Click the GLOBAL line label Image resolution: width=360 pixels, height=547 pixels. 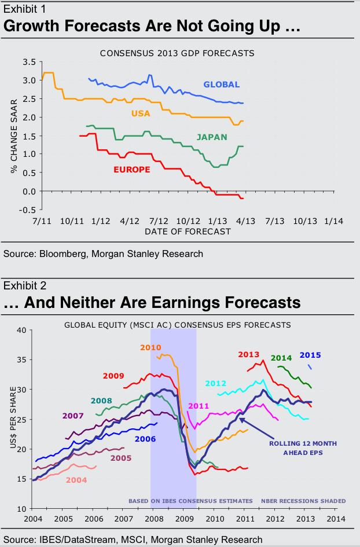tap(221, 85)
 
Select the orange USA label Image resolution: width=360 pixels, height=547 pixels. tap(141, 113)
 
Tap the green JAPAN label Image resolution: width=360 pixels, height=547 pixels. tap(211, 137)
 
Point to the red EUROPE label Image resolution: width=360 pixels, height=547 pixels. tap(133, 170)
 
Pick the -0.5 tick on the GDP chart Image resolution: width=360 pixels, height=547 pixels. tap(27, 210)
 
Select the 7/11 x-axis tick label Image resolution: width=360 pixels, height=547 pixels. tap(43, 221)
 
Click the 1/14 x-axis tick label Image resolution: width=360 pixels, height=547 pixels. tap(333, 221)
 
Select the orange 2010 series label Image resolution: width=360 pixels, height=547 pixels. tap(150, 347)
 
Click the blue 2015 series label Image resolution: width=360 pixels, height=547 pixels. tap(310, 355)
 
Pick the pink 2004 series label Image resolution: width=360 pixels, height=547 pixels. tap(77, 480)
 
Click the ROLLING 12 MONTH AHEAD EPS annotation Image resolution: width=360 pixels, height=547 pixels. tap(303, 448)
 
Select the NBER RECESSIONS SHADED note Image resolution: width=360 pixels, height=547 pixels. tap(303, 501)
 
